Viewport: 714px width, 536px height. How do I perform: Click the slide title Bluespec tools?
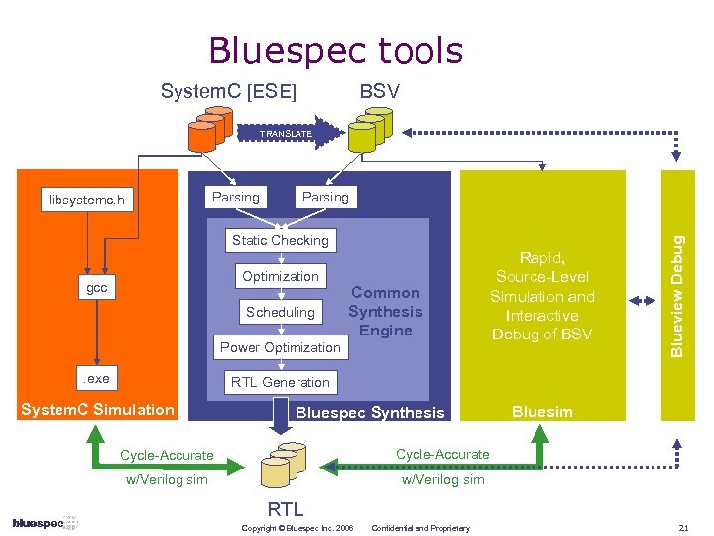335,50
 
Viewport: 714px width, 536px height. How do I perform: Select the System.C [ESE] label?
228,92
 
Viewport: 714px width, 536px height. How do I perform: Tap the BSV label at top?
380,92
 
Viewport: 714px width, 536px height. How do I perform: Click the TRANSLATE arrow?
286,133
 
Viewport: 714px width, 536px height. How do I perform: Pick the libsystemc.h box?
88,201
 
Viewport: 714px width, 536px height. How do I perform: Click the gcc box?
96,288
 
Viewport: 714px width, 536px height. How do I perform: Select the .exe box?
96,379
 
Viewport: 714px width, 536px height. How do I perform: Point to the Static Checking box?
280,240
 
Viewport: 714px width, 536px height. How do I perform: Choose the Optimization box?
281,276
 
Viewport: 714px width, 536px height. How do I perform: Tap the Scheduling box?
281,312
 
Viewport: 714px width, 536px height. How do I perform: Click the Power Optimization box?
280,347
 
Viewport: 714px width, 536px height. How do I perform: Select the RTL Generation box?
280,382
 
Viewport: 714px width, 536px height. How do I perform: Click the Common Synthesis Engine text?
385,312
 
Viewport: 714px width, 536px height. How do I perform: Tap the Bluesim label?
541,411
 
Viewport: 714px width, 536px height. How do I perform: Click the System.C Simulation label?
98,409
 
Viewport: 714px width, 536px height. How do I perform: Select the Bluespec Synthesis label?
371,412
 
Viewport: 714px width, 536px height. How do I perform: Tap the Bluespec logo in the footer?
39,523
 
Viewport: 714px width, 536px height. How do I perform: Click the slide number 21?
683,526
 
